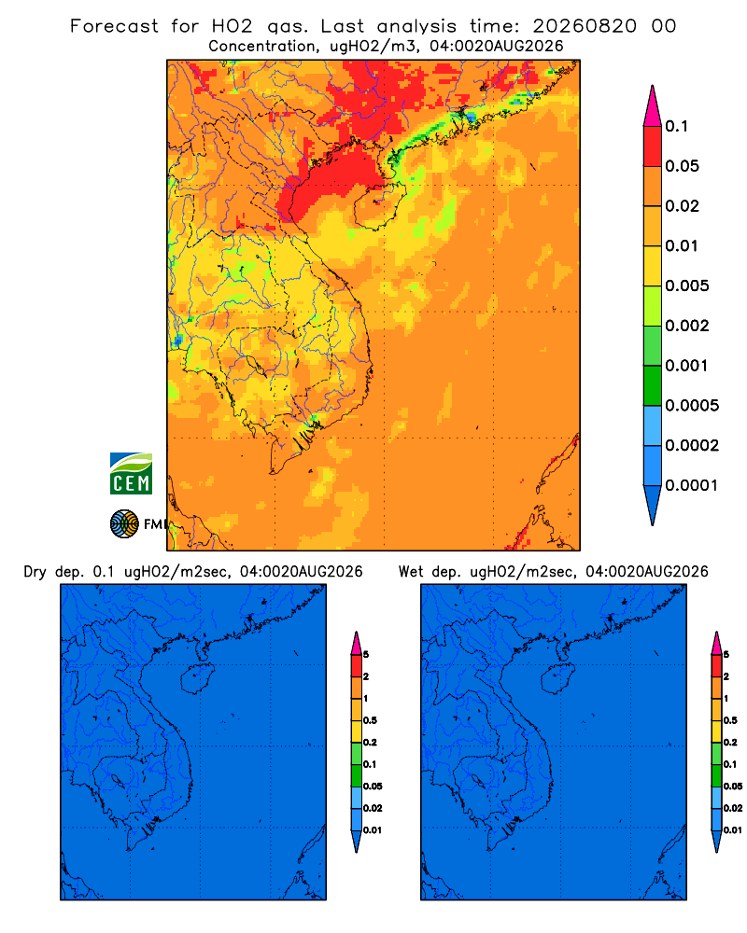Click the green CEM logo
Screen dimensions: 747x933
coord(131,473)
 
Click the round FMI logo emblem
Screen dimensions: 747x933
coord(124,523)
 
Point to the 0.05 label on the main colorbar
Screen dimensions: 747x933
coord(682,166)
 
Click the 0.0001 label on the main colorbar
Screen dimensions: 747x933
coord(692,485)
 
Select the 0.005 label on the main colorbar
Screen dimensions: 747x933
coord(687,285)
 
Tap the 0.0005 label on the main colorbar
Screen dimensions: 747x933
coord(692,406)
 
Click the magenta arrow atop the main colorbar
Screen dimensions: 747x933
coord(653,105)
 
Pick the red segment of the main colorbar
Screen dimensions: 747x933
coord(653,146)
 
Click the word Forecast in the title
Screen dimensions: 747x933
coord(114,26)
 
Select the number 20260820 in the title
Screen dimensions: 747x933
coord(585,26)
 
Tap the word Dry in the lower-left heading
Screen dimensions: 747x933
coord(35,572)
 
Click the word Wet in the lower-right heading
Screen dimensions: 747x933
coord(411,572)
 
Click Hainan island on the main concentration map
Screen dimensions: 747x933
coord(380,206)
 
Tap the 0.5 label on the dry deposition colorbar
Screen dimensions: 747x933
coord(370,720)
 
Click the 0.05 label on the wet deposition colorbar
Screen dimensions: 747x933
coord(733,787)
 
